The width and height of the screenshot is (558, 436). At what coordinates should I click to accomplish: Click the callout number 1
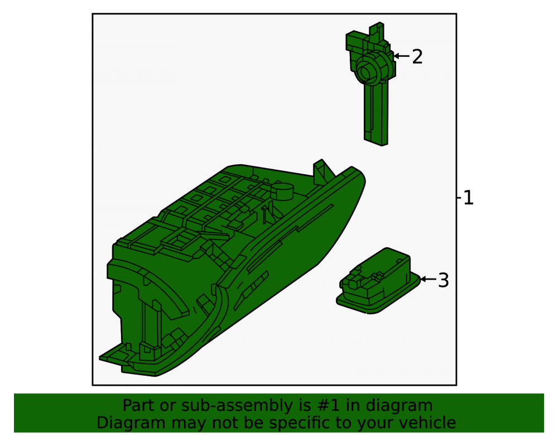point(469,198)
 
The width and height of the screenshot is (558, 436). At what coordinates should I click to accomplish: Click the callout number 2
point(417,57)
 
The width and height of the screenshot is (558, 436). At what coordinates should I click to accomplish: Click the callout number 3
point(444,280)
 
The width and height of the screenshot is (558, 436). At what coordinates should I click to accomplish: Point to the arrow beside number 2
point(402,56)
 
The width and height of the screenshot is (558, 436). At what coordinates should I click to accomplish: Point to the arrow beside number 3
point(429,279)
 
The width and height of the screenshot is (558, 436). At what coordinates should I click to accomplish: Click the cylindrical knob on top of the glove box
point(282,191)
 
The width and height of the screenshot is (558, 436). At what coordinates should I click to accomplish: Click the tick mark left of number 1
point(459,198)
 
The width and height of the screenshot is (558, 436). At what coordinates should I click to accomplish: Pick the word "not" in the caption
point(224,423)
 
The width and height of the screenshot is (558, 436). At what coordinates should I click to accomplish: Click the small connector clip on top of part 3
point(377,276)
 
